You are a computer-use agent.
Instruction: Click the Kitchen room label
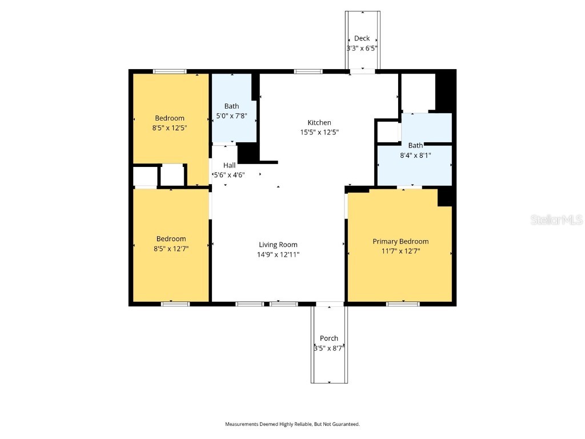coord(319,123)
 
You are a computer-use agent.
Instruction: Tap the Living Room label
coord(278,245)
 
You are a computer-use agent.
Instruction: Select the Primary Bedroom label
coord(400,241)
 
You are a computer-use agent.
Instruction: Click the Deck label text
coord(362,38)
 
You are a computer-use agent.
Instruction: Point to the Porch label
coord(329,338)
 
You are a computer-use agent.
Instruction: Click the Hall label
coord(229,165)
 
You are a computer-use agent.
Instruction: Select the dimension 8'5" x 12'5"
coord(170,128)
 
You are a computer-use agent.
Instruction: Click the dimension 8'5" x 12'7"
coord(171,249)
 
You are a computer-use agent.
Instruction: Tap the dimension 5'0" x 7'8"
coord(232,116)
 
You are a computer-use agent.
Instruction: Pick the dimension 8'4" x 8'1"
coord(415,155)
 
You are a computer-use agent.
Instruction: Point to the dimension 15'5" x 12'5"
coord(319,133)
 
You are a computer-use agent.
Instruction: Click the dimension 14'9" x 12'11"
coord(278,255)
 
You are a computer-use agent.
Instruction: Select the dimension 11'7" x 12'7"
coord(400,251)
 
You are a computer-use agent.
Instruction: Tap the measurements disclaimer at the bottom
coord(292,424)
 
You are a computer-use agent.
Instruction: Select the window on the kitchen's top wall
coord(308,71)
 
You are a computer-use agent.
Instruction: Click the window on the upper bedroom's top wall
coord(170,71)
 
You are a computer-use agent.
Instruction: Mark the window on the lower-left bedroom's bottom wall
coord(175,304)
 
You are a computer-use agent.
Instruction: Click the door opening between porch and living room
coord(330,304)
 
